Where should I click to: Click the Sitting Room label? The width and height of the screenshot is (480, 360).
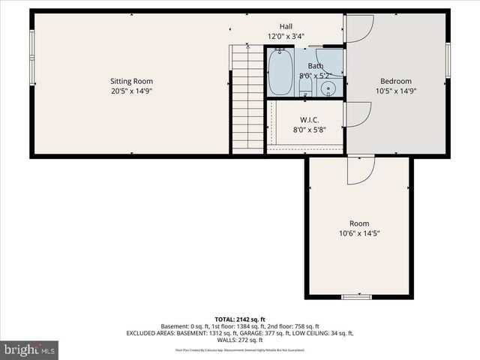pos(131,81)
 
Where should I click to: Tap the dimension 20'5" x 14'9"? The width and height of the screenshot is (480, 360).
pos(131,91)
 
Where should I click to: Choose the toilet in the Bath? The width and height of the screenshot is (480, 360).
pos(305,88)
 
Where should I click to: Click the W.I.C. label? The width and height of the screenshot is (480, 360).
pos(310,120)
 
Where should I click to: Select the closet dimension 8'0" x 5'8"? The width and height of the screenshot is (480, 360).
pos(310,130)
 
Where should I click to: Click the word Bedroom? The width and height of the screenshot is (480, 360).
pos(395,81)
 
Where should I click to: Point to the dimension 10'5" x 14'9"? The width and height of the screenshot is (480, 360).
pos(395,91)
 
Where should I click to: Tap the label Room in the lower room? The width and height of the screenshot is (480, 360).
pos(359,223)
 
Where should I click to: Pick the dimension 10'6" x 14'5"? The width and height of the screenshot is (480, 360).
pos(359,233)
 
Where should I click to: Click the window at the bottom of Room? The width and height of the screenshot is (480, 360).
pos(357,297)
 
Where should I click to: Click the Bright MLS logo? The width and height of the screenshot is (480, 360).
pos(29,349)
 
